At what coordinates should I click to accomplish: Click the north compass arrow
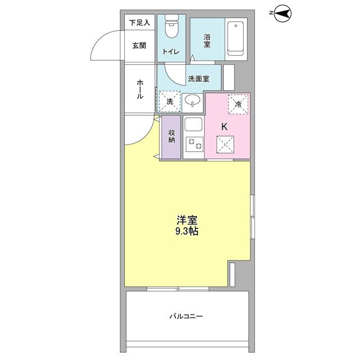click(283, 13)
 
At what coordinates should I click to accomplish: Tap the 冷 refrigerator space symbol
click(238, 103)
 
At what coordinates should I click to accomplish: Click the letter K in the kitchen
click(224, 127)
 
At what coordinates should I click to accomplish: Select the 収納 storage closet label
click(172, 137)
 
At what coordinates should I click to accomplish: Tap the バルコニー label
click(186, 317)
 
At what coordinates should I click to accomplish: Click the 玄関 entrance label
click(139, 46)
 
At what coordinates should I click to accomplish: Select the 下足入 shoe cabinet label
click(139, 23)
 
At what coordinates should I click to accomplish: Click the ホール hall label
click(139, 89)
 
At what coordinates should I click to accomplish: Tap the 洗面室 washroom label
click(199, 79)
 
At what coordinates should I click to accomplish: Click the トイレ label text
click(171, 52)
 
